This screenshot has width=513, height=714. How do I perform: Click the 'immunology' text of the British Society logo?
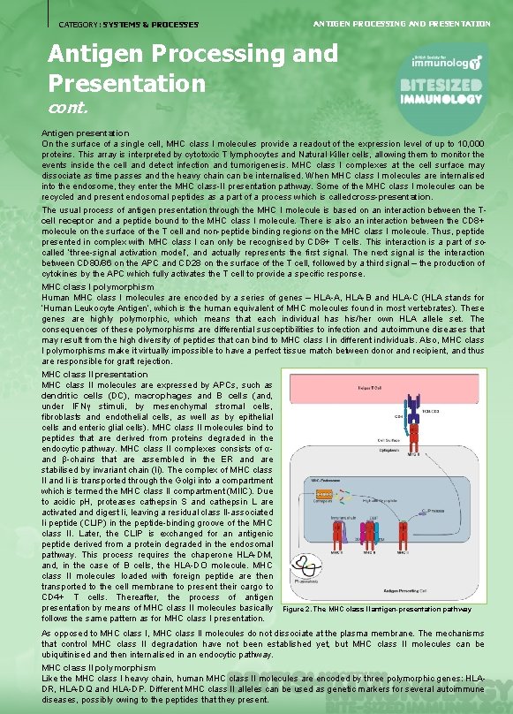(x=449, y=64)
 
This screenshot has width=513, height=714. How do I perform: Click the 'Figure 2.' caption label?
(x=298, y=610)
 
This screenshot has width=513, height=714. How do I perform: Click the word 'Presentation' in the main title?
(x=126, y=84)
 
